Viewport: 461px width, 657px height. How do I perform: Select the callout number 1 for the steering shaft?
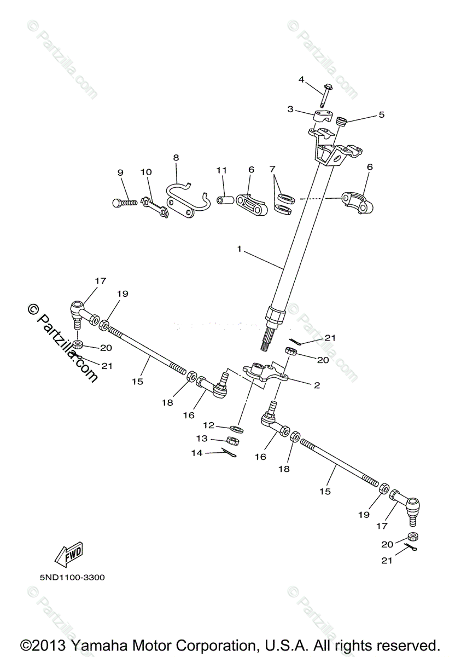(x=239, y=249)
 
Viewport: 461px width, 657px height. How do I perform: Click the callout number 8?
(x=176, y=158)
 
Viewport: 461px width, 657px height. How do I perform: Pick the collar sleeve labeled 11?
(x=225, y=196)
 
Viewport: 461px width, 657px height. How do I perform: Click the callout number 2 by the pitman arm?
(x=317, y=385)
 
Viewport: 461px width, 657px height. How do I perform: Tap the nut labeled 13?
(x=232, y=440)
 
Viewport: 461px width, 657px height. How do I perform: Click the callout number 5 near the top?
(x=381, y=114)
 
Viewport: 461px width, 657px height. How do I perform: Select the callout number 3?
(x=290, y=109)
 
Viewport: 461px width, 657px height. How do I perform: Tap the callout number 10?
(x=145, y=172)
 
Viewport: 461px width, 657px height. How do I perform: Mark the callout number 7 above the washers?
(x=272, y=170)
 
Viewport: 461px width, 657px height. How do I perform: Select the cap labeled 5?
(x=342, y=122)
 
